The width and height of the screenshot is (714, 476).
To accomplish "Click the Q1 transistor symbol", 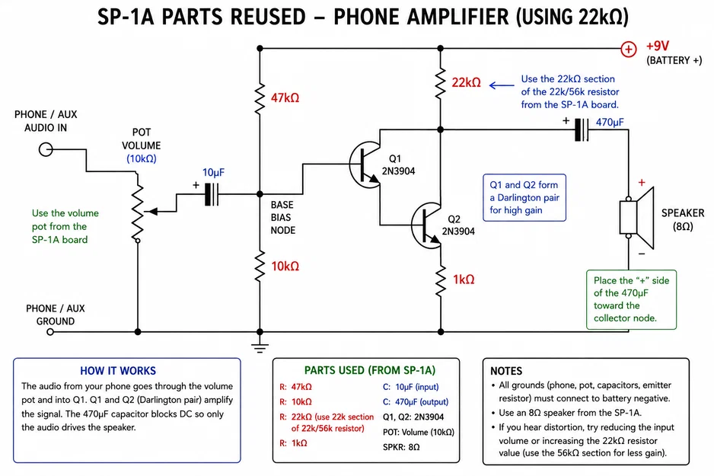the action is [365, 164].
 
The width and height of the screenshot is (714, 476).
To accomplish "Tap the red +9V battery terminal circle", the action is [629, 49].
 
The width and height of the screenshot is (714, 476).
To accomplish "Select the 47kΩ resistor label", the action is [285, 98].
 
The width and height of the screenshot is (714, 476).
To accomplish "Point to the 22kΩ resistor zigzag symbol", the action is [440, 83].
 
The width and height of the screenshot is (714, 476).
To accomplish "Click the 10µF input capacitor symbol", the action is [212, 194].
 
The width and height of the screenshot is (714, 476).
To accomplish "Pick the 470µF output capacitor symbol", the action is [581, 129].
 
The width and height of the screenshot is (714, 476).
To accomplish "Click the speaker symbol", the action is [636, 218].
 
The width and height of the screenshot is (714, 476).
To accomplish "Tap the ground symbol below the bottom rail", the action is [260, 347].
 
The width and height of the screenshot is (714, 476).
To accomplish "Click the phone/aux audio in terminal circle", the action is [46, 149].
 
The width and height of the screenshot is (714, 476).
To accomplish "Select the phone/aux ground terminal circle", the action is [50, 332].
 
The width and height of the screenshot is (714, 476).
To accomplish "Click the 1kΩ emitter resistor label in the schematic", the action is [464, 280].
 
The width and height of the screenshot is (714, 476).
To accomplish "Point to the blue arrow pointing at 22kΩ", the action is [502, 85].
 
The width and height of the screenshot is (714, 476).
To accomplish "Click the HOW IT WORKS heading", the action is [118, 371].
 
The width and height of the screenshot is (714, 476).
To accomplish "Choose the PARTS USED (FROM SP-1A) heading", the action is [370, 370].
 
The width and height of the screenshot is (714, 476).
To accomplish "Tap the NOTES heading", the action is [506, 371].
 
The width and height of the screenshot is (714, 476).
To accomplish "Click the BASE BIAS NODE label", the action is [282, 218].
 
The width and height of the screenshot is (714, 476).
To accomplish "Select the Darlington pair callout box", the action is [524, 198].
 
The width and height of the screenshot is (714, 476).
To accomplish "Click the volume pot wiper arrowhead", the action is [153, 212].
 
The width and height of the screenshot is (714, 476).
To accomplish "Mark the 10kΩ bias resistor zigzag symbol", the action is [260, 267].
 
